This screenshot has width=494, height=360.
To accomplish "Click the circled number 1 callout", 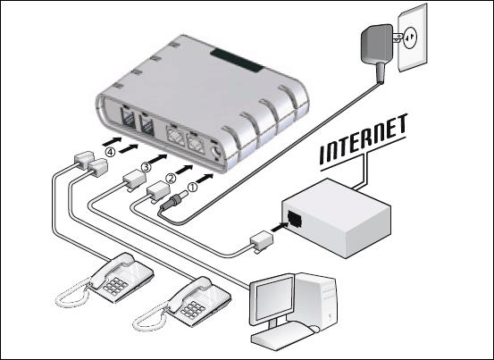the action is [193, 187].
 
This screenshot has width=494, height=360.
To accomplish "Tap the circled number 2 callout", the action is [171, 179].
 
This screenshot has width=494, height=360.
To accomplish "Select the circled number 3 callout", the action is [146, 167].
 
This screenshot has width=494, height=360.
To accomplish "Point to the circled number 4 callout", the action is [110, 153].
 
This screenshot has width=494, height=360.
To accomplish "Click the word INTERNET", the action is [364, 140].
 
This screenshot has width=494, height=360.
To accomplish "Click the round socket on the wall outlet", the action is [411, 38].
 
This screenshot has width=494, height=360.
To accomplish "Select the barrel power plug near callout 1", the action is [173, 201].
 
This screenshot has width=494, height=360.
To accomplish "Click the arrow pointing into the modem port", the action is [279, 227].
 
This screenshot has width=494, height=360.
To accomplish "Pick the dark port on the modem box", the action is [295, 218].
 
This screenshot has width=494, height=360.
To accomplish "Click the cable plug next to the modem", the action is [262, 241].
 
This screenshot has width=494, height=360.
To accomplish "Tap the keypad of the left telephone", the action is [115, 286].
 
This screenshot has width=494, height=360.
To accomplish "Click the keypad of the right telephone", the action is [193, 310].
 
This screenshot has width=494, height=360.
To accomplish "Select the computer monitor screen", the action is [273, 298].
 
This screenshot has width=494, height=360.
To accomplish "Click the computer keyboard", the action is [282, 336].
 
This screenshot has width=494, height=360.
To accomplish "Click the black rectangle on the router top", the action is [237, 60].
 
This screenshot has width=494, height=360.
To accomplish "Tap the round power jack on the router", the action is [216, 152].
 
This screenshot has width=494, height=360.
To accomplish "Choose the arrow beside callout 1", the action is [205, 179].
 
